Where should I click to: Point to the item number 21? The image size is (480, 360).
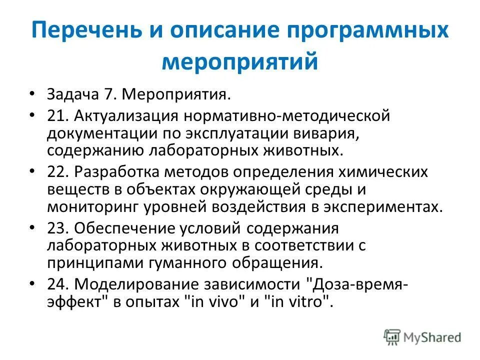(x=58, y=116)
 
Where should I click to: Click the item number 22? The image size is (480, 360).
(x=58, y=171)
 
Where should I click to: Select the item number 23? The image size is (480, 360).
(x=58, y=227)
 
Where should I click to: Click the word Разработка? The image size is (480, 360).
(x=117, y=171)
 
